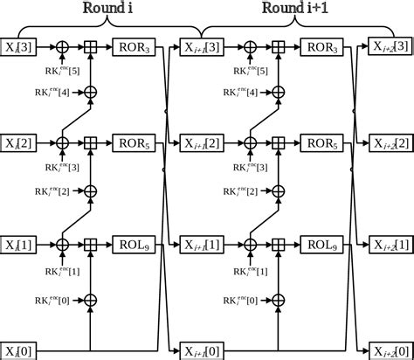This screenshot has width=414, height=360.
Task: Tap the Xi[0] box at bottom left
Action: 18,352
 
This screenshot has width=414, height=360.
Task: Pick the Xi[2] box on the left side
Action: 18,142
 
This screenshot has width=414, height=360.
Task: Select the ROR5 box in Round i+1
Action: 321,142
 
